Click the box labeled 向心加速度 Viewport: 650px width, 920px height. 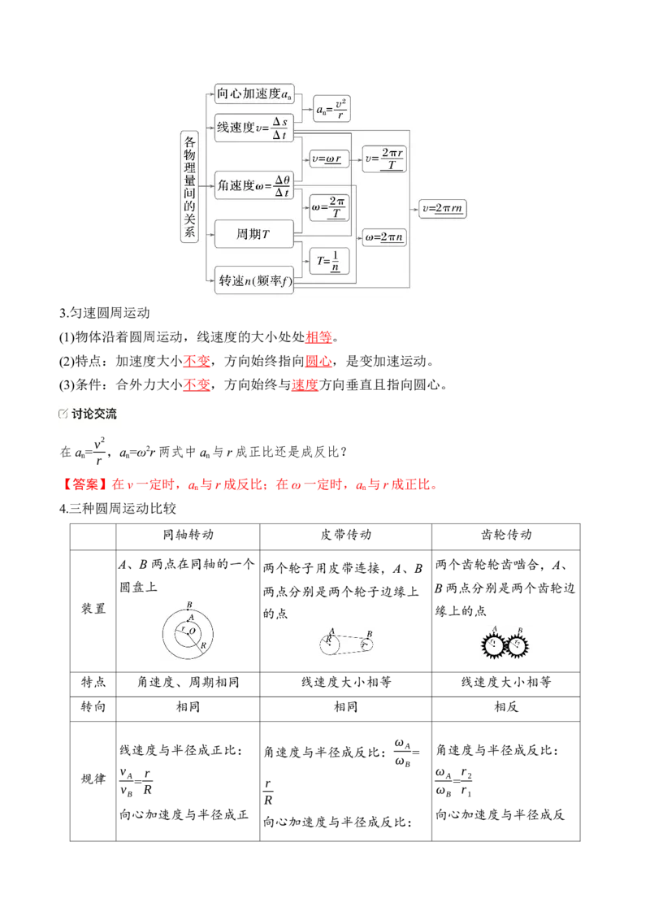click(254, 94)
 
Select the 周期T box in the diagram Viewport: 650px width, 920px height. click(254, 234)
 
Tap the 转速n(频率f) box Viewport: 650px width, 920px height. click(254, 280)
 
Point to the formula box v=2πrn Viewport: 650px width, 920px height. click(442, 208)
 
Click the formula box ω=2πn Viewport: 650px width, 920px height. click(384, 237)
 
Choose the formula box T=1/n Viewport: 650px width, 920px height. click(329, 261)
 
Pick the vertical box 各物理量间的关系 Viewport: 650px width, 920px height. click(189, 187)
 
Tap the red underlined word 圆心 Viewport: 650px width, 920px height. click(318, 362)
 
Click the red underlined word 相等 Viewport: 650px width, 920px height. click(318, 337)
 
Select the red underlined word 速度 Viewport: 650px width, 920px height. click(305, 385)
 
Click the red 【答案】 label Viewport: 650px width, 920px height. click(85, 484)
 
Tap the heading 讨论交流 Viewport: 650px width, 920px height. click(94, 414)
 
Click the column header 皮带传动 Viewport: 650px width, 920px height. click(345, 535)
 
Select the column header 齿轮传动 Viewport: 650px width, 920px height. click(505, 535)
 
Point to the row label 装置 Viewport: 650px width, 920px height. click(93, 609)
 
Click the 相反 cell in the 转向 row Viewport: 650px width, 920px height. click(505, 707)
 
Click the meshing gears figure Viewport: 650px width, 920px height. click(505, 644)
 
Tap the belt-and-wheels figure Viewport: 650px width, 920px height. click(346, 643)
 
